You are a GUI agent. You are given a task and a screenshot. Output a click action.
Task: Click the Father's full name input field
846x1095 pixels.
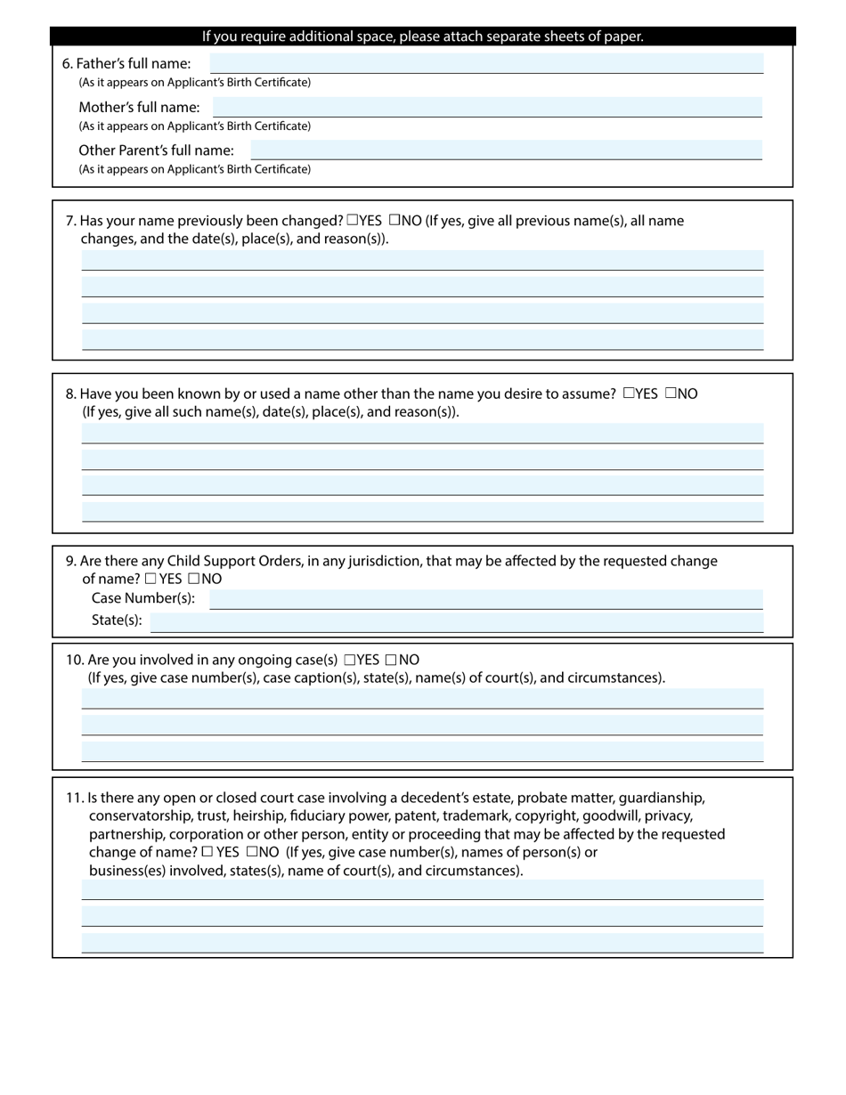click(x=486, y=63)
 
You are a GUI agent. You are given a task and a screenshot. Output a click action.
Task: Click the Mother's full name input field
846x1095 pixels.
click(x=487, y=107)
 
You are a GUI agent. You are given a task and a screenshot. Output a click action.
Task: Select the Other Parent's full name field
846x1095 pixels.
click(x=506, y=150)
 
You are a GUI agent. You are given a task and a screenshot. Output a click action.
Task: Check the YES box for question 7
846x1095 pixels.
click(x=353, y=220)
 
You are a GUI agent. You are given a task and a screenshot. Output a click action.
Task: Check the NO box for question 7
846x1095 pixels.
click(x=395, y=220)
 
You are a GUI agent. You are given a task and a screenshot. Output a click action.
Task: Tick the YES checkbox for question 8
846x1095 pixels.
click(x=630, y=393)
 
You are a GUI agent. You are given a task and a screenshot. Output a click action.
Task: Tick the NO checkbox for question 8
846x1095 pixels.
click(x=671, y=393)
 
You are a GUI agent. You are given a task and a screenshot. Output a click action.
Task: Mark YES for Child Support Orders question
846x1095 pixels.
click(x=150, y=579)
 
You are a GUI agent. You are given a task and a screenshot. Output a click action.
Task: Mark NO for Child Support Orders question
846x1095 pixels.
click(x=193, y=579)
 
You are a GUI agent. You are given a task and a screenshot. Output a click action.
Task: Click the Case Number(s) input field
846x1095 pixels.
click(x=486, y=599)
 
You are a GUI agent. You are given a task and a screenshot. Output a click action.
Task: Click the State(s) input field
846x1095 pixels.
click(x=457, y=621)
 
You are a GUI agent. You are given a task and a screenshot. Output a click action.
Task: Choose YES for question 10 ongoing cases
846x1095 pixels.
click(x=349, y=661)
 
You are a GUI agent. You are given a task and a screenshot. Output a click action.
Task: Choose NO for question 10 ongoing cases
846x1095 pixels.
click(x=390, y=661)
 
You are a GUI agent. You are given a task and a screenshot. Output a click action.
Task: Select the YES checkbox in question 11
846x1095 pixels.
click(x=207, y=851)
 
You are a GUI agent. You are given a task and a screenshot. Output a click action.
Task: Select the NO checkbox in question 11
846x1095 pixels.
click(x=251, y=851)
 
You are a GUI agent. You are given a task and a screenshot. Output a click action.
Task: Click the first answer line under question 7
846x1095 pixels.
click(x=422, y=260)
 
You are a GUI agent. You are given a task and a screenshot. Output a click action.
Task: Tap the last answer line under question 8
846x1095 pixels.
click(x=422, y=512)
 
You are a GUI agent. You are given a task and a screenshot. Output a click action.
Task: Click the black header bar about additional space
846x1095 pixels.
click(x=422, y=36)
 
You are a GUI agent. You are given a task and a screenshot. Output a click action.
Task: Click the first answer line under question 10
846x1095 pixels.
click(x=422, y=699)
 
